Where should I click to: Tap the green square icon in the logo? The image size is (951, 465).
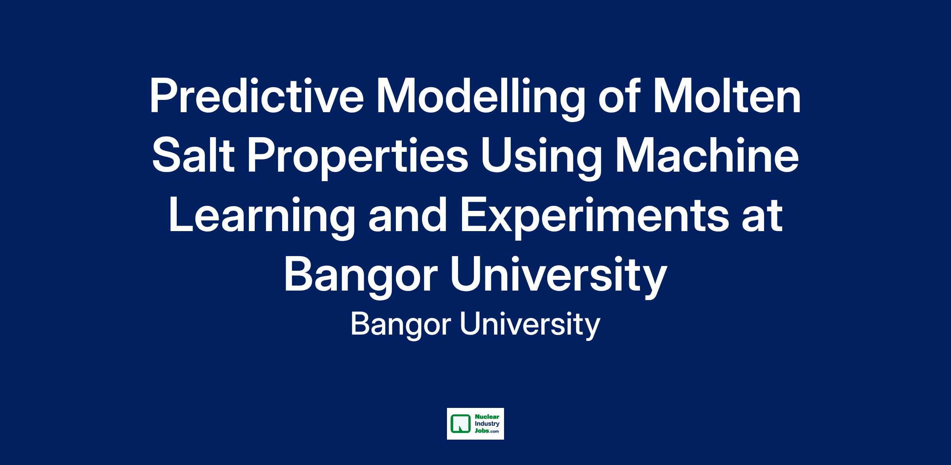click(459, 423)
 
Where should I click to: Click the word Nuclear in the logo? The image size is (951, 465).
click(484, 417)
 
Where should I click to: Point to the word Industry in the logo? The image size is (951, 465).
click(485, 424)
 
